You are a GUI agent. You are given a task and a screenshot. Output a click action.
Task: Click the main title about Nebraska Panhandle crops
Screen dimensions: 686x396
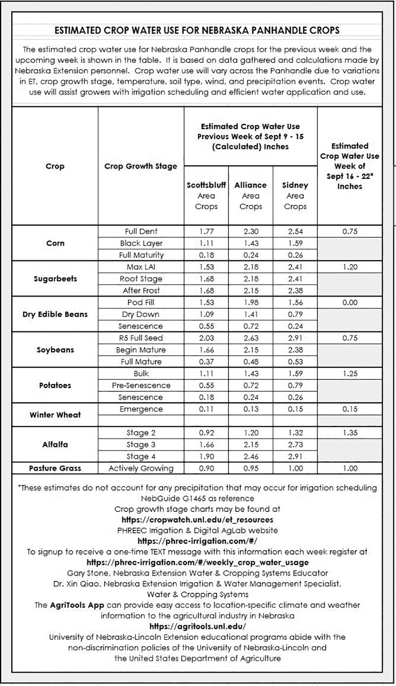(197, 30)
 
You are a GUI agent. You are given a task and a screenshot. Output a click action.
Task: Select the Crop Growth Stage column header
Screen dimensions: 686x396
(141, 166)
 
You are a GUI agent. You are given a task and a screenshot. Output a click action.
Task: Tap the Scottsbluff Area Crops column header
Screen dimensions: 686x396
(206, 196)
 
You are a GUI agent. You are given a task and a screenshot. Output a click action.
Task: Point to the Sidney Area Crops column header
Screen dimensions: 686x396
(295, 196)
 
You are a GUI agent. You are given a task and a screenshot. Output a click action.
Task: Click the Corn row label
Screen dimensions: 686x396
(55, 243)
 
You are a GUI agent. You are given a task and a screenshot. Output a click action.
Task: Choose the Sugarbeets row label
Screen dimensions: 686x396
(55, 279)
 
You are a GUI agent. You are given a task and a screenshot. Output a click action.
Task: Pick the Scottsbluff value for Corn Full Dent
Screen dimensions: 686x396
(206, 231)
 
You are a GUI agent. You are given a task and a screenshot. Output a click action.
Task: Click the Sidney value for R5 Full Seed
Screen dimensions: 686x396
(295, 338)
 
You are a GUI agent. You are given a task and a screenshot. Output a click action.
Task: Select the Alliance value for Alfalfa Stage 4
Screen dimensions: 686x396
(251, 456)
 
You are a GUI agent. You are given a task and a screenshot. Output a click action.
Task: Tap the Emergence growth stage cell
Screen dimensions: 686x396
(141, 409)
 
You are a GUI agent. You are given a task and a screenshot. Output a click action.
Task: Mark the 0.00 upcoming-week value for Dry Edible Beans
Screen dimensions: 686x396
(350, 303)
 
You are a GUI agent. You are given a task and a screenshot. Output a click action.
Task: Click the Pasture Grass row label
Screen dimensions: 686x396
(55, 468)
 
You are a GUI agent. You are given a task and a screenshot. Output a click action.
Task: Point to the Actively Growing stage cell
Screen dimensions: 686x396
(141, 468)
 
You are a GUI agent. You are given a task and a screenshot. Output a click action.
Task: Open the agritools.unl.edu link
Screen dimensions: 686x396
(198, 626)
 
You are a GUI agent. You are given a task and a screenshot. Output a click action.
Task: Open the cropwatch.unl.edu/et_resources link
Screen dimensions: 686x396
(197, 520)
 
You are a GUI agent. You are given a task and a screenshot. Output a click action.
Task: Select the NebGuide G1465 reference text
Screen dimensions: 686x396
(197, 498)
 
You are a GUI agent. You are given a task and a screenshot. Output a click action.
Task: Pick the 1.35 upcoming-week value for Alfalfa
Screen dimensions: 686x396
(350, 433)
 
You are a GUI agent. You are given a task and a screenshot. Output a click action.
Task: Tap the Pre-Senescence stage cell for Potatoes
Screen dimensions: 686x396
(141, 385)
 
